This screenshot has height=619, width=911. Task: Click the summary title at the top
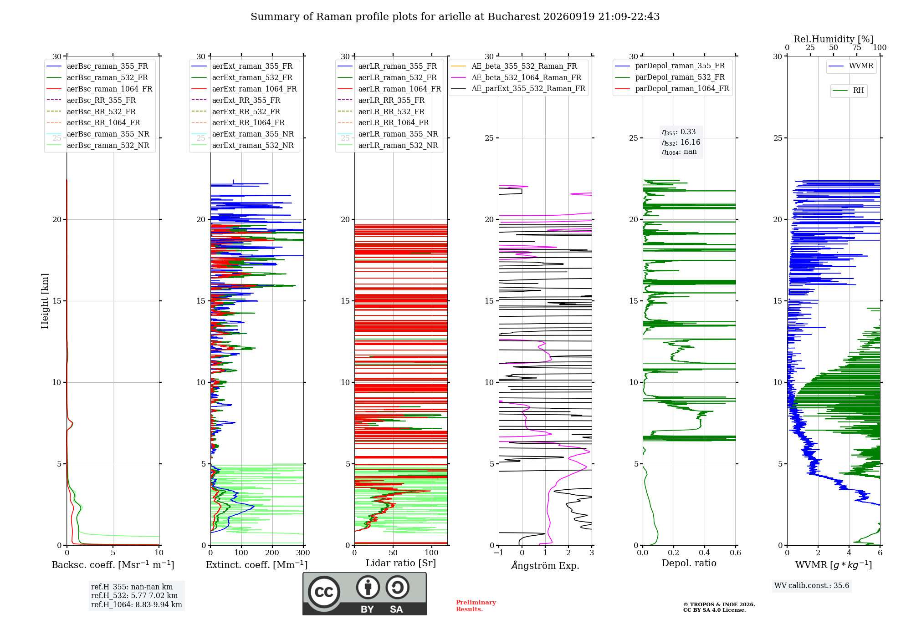click(x=455, y=17)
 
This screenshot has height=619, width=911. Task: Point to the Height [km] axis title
click(x=45, y=301)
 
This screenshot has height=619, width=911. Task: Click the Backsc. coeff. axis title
click(x=113, y=564)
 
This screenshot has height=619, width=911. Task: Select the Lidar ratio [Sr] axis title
click(x=401, y=563)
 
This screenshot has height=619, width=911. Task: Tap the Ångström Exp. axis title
click(x=545, y=565)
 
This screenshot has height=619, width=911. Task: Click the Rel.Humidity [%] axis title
click(x=834, y=39)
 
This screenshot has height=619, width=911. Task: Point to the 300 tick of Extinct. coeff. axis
click(x=303, y=553)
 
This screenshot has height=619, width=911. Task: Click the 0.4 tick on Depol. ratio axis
click(x=705, y=553)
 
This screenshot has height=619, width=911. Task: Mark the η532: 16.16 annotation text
click(x=681, y=142)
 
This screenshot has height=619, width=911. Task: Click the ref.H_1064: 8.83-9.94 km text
click(x=137, y=604)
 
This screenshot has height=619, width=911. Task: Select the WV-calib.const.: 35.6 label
click(x=812, y=585)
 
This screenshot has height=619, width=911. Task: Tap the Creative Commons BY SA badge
click(x=364, y=594)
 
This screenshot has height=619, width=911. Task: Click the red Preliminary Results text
click(x=476, y=605)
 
